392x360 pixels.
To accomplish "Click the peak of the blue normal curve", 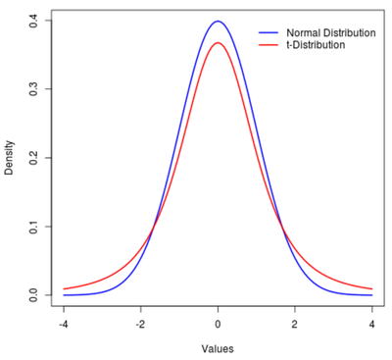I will (218, 22).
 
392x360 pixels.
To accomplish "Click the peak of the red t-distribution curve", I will (218, 42).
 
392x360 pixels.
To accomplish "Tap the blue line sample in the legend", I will (269, 32).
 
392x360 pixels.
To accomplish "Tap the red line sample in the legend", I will (269, 45).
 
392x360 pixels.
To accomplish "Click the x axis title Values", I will (218, 348).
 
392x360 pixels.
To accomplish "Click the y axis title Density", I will (10, 158).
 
